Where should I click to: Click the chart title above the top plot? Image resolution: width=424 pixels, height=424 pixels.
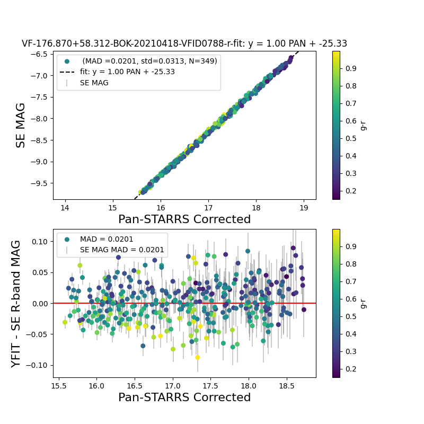184,44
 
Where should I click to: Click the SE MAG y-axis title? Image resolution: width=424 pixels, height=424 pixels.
21,125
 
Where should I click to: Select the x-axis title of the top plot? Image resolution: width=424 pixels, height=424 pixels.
184,219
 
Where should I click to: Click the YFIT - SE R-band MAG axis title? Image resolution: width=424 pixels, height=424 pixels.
16,303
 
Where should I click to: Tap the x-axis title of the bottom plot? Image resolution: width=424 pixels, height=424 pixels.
184,397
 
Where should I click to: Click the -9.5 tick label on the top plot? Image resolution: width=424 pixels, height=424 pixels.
41,183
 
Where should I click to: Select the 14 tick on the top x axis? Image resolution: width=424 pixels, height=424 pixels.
65,207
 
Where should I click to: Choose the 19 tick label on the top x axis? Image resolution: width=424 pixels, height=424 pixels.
304,207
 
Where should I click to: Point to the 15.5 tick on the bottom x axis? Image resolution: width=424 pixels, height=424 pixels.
60,385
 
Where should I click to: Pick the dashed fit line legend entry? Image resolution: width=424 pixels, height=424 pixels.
127,72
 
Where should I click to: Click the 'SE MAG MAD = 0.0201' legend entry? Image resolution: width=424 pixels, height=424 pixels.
122,250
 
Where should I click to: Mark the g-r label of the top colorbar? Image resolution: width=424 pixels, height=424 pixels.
363,125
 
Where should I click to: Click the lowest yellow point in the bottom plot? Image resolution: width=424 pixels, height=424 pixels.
198,357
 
